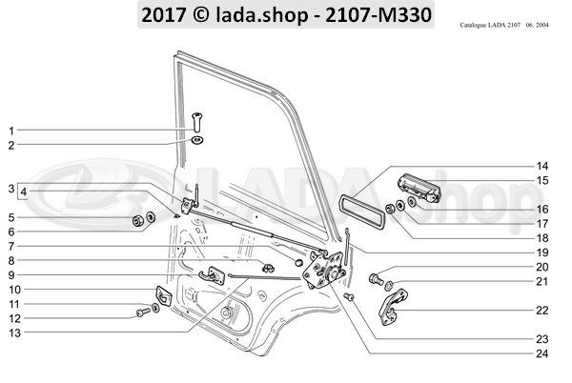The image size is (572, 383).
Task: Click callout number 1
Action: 12,130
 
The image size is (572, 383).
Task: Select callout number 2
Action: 12,145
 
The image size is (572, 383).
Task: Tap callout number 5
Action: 12,218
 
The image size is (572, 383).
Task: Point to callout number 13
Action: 12,333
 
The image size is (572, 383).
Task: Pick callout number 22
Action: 541,310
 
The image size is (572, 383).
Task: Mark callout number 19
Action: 541,252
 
